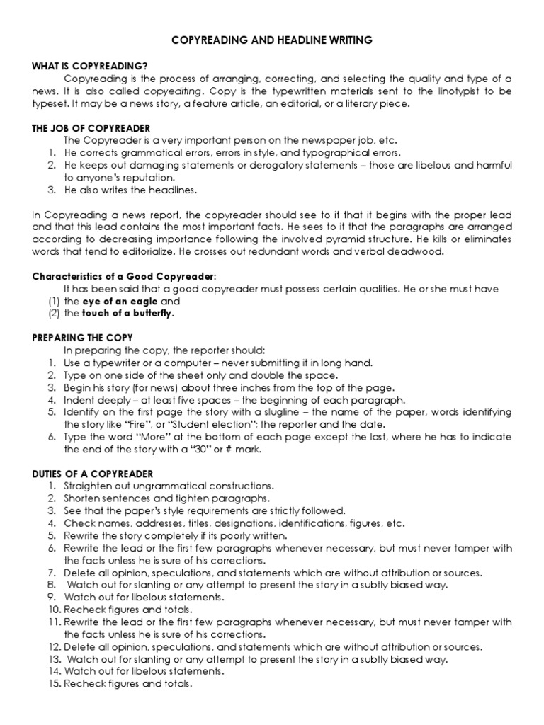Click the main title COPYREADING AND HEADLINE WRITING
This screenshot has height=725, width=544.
pos(272,42)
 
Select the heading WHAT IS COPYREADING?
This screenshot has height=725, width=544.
pos(81,66)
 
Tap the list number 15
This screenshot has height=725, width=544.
pos(55,684)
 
